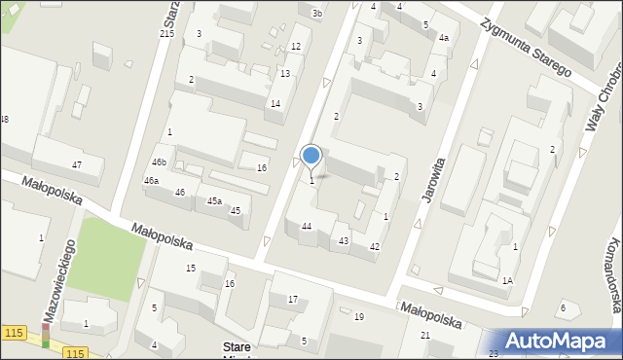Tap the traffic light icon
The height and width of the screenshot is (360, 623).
(x=45, y=336)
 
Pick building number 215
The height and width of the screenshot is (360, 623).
(x=166, y=34)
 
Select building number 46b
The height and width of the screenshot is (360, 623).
(x=158, y=162)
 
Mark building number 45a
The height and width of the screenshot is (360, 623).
(x=214, y=200)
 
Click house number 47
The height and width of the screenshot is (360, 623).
(x=76, y=164)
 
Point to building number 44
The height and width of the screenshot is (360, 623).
(x=307, y=226)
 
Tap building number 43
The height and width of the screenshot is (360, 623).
(x=344, y=240)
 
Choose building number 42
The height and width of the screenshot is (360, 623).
(x=374, y=247)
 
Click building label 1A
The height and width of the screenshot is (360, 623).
(x=507, y=280)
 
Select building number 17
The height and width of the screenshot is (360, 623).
(x=292, y=299)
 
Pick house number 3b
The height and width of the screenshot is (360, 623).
(x=316, y=13)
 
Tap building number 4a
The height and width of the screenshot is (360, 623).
(x=443, y=38)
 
